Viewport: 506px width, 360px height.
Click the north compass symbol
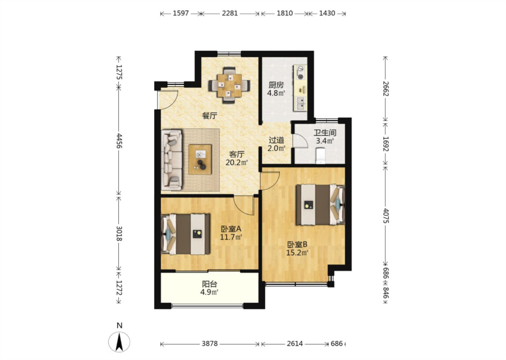119,341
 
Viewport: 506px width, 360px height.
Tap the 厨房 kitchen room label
276,85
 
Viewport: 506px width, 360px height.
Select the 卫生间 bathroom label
325,133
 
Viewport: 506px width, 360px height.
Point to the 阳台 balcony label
209,284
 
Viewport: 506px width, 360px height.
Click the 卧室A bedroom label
231,229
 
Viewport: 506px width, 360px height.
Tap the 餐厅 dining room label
209,116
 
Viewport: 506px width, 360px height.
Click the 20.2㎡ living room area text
236,162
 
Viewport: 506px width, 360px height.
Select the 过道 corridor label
276,140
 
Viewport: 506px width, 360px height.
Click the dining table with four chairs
229,86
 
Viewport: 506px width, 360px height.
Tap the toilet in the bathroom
320,156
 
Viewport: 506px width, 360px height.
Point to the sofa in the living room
171,160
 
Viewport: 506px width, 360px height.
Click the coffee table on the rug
200,159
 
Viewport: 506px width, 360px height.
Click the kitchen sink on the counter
301,103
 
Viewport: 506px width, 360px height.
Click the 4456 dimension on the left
119,140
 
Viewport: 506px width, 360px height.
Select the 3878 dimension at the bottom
209,343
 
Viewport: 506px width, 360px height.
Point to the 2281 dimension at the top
230,13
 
